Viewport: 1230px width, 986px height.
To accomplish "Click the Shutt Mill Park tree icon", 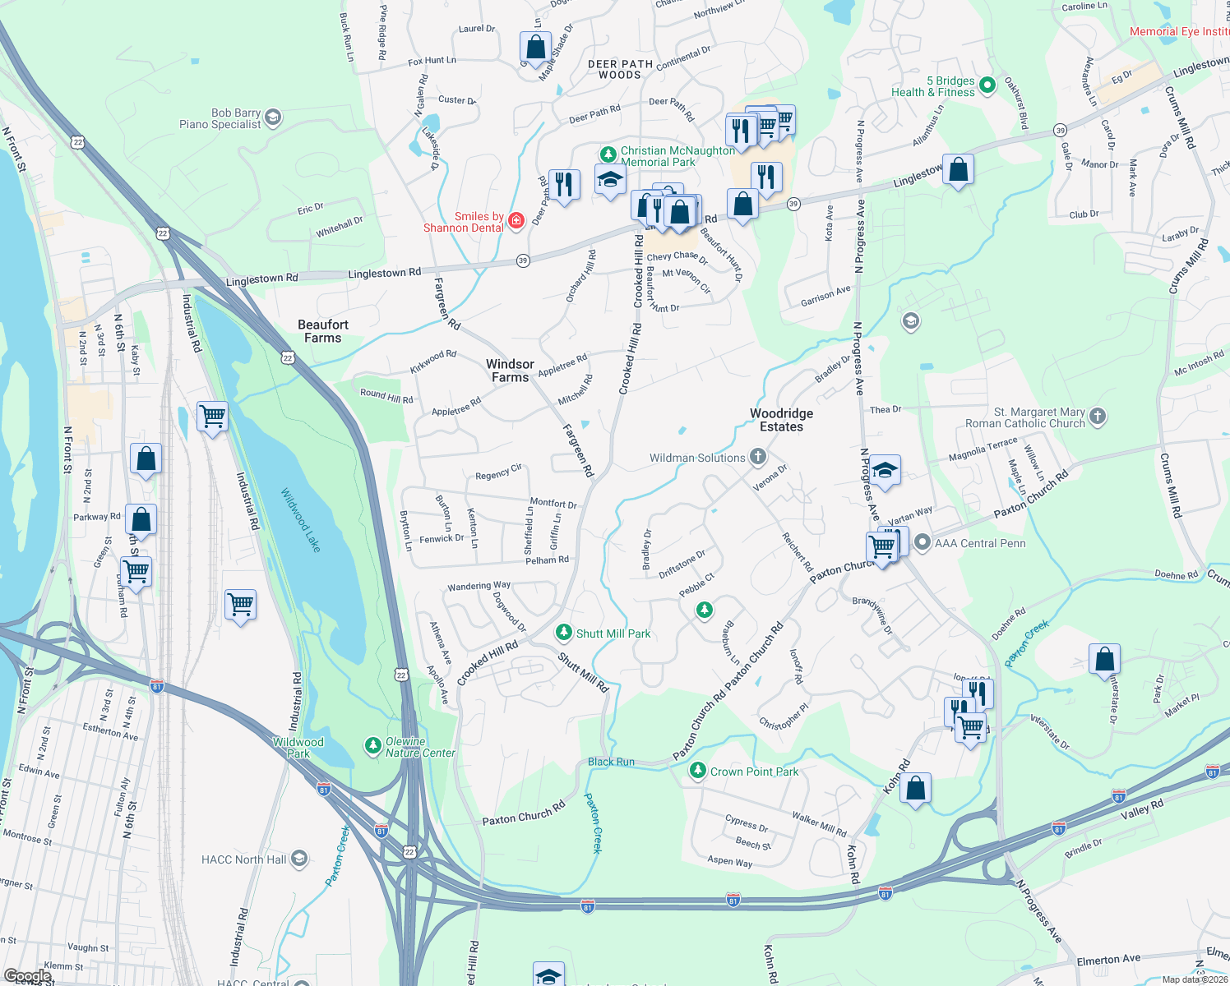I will tap(563, 633).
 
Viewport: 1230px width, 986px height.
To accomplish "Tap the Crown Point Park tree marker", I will tap(697, 771).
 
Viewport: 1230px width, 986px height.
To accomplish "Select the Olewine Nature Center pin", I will tap(372, 746).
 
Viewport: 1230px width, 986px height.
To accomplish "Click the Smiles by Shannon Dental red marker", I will tap(516, 220).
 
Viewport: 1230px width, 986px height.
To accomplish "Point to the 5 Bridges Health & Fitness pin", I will tap(988, 85).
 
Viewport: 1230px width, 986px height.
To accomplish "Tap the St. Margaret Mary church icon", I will tap(1098, 417).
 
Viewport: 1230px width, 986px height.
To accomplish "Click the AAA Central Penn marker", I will tap(922, 542).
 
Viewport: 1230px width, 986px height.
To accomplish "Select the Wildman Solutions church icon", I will tap(758, 457).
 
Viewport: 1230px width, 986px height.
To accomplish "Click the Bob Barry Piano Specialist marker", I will tap(274, 117).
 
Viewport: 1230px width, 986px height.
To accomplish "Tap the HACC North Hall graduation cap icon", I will tap(299, 859).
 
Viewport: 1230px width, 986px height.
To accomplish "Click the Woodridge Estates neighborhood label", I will tap(781, 420).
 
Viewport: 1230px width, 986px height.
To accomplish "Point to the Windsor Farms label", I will tap(510, 371).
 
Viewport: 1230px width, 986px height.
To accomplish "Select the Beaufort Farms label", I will tap(323, 331).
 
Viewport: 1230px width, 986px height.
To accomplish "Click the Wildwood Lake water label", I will tap(300, 520).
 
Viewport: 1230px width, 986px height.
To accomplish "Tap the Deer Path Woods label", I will tap(620, 69).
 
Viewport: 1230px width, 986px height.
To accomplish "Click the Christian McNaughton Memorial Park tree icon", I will tap(608, 154).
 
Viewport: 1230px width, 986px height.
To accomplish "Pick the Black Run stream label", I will tap(611, 762).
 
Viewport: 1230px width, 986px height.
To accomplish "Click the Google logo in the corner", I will tap(27, 976).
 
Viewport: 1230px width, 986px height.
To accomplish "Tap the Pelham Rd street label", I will tap(547, 560).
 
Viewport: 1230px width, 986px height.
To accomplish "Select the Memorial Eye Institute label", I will tap(1179, 31).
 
